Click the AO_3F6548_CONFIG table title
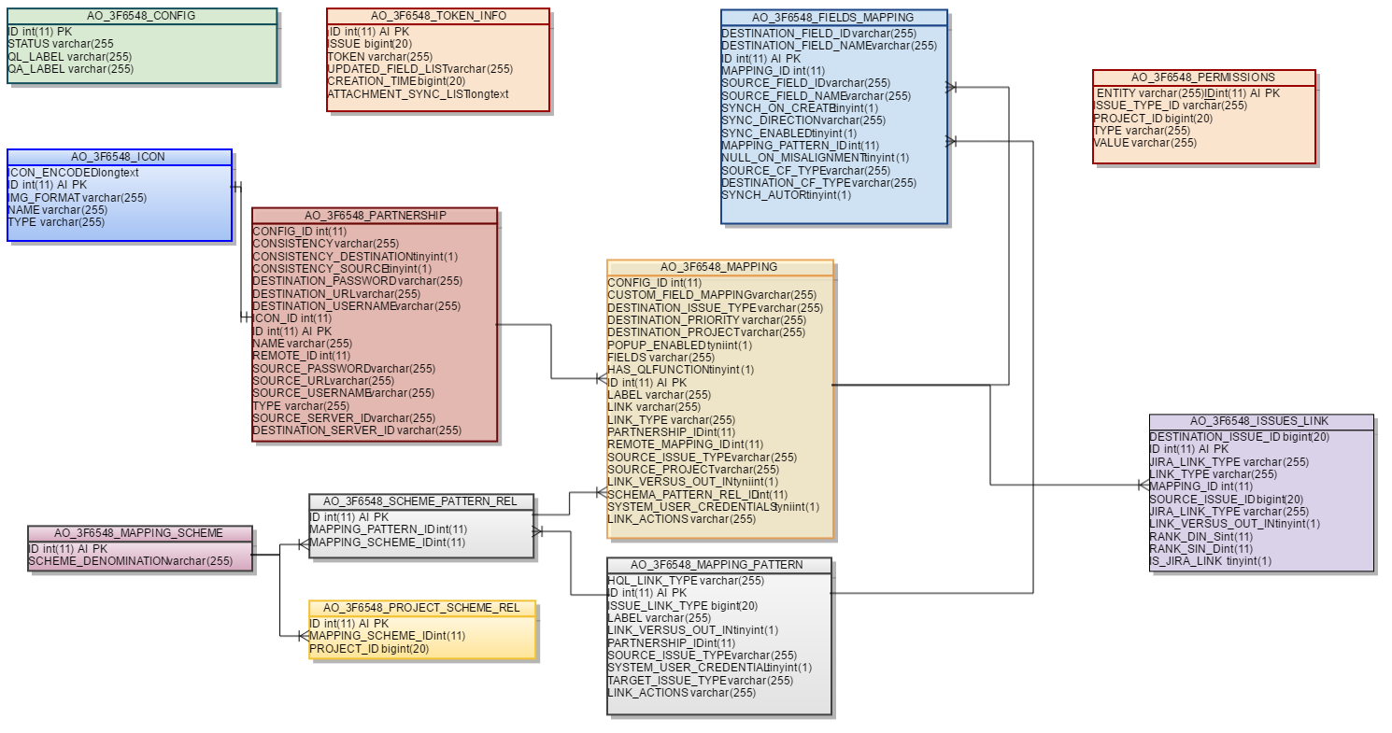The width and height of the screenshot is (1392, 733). (x=141, y=16)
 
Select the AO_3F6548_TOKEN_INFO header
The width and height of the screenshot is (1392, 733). (x=438, y=16)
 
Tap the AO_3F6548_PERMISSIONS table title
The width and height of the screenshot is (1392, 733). (x=1203, y=78)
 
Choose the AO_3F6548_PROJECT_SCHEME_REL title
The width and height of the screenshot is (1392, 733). (x=421, y=608)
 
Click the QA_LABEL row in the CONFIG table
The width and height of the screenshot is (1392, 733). (x=71, y=69)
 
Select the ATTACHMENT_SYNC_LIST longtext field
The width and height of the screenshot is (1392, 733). (x=418, y=94)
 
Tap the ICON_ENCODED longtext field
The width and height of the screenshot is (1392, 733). (x=73, y=173)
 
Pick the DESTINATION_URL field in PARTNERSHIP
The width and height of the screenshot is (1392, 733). (x=336, y=294)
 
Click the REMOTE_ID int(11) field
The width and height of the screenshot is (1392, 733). (x=302, y=356)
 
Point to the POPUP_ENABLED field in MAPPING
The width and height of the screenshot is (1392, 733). (x=680, y=345)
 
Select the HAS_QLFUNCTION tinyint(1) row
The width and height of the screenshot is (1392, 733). (x=680, y=370)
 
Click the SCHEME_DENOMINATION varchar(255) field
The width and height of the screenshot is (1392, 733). (x=131, y=561)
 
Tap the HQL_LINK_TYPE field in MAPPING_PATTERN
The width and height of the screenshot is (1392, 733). (x=686, y=581)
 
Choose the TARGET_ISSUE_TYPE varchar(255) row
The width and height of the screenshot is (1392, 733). (x=701, y=681)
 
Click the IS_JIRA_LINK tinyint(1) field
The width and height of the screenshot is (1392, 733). (x=1211, y=561)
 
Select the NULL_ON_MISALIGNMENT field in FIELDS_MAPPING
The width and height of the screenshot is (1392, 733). (x=816, y=159)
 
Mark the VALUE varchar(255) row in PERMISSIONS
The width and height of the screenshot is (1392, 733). (x=1144, y=143)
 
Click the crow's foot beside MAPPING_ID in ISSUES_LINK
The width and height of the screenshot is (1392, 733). (x=1143, y=486)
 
